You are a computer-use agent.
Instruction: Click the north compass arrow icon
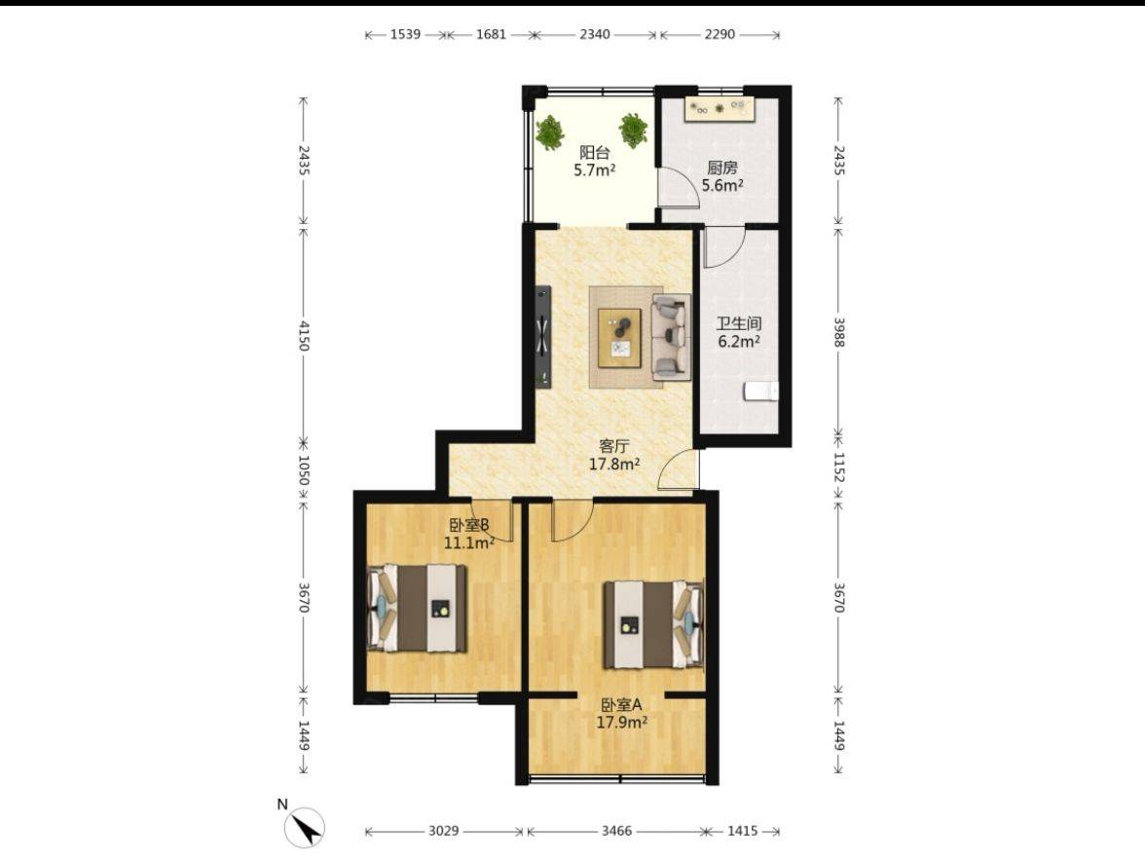coord(305,828)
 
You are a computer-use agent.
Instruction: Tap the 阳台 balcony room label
coord(594,153)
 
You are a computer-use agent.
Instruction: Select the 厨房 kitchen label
coord(722,168)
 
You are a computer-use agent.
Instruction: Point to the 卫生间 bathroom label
coord(739,322)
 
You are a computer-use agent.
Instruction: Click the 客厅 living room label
coord(613,445)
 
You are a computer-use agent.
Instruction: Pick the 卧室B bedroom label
coord(469,524)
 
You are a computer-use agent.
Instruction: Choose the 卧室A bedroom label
coord(621,705)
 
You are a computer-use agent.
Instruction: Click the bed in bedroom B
coord(417,608)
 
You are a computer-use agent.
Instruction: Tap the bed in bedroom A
coord(653,624)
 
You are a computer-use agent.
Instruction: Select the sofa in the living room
coord(671,337)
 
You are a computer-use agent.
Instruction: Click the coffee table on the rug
coord(620,337)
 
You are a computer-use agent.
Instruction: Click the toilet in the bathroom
coord(761,392)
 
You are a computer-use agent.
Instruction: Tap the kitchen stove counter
coord(720,109)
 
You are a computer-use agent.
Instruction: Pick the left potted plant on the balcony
coord(549,133)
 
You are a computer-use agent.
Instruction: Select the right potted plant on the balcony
coord(633,130)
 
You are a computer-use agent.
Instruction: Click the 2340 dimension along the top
coord(595,34)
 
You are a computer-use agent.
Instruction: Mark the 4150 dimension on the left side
coord(305,334)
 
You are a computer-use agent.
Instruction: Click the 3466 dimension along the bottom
coord(616,831)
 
